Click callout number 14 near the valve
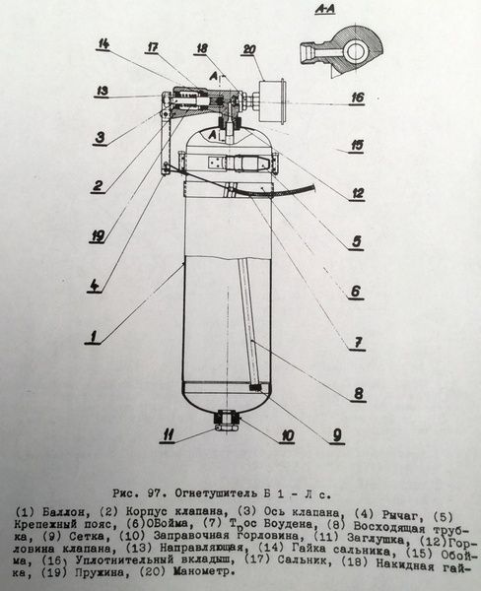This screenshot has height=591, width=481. point(103,44)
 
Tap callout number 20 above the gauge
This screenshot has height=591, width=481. point(249,50)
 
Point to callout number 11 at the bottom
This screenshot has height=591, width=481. point(168,435)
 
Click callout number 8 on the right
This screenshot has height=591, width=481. point(359,393)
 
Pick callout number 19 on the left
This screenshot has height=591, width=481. point(98,236)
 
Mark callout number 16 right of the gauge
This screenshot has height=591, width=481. point(357,98)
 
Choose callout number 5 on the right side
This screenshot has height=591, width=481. point(357,241)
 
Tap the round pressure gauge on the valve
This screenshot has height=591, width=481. point(272,101)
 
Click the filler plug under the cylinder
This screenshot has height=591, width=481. point(227,420)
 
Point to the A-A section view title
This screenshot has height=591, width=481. point(325,10)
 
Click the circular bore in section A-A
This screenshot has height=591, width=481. point(356,52)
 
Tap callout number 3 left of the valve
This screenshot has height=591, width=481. point(100,137)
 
